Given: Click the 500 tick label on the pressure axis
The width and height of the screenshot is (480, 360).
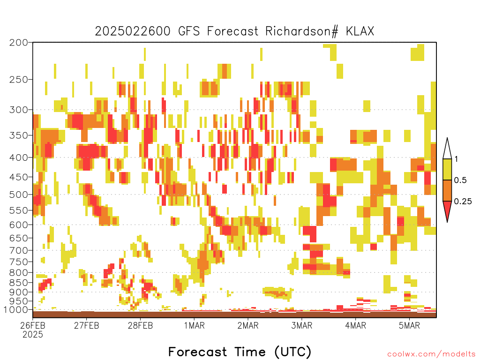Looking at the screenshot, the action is coord(19,195).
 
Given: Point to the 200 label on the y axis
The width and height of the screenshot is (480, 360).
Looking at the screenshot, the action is coord(19,43).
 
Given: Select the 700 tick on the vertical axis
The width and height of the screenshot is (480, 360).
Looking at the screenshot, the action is coord(19,250).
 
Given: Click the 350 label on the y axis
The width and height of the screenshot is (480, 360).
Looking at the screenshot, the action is coord(19,135).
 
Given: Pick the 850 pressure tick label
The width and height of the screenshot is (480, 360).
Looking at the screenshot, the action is coord(19,283).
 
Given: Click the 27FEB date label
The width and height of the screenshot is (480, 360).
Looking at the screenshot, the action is coord(86,325).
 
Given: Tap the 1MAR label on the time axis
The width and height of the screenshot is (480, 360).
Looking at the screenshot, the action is coord(194,325).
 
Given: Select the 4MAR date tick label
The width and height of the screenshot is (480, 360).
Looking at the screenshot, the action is coord(355,325).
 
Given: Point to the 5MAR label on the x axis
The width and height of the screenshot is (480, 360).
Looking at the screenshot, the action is coord(409,325).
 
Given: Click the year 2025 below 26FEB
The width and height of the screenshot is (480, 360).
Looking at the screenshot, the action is coord(33,335).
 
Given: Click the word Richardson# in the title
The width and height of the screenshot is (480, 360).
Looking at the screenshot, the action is coord(301,31).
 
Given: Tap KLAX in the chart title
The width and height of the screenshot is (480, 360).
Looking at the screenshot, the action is coord(360,31).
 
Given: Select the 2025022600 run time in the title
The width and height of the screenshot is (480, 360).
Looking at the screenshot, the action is coord(132,31).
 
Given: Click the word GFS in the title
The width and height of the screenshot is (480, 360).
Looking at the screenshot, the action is coord(188,31).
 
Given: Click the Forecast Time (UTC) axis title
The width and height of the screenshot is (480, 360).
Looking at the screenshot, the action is coord(240,352).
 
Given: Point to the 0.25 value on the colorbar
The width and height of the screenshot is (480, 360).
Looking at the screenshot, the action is coord(463,202).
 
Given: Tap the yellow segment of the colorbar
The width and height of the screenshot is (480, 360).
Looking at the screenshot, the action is coord(447,169).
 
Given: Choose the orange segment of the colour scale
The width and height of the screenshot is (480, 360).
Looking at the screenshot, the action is coord(447,190).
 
